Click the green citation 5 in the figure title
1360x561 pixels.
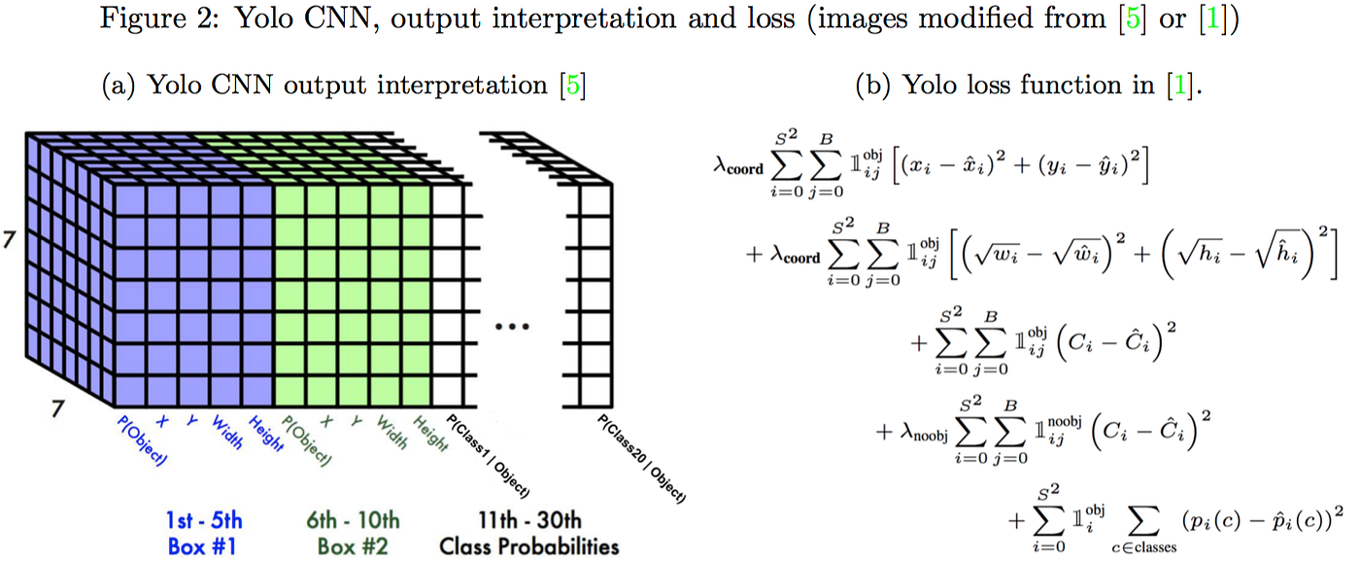point(1133,18)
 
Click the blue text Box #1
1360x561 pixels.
point(202,546)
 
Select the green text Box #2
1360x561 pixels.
point(353,546)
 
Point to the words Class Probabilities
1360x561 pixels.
point(529,546)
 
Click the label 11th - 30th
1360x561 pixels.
point(530,520)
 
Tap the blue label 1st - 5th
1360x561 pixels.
point(204,520)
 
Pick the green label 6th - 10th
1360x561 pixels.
point(353,520)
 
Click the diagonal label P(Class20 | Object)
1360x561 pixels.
point(642,459)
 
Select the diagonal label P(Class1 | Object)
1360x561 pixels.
point(488,456)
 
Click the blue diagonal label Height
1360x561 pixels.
point(266,434)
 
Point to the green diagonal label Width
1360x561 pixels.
point(391,432)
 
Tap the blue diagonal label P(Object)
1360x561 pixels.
point(142,440)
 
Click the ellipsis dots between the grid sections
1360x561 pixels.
point(512,327)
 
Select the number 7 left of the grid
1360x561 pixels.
point(9,240)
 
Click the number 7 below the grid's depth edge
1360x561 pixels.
point(57,408)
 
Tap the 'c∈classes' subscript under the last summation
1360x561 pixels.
point(1144,547)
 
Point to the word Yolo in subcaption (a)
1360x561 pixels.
point(174,85)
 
